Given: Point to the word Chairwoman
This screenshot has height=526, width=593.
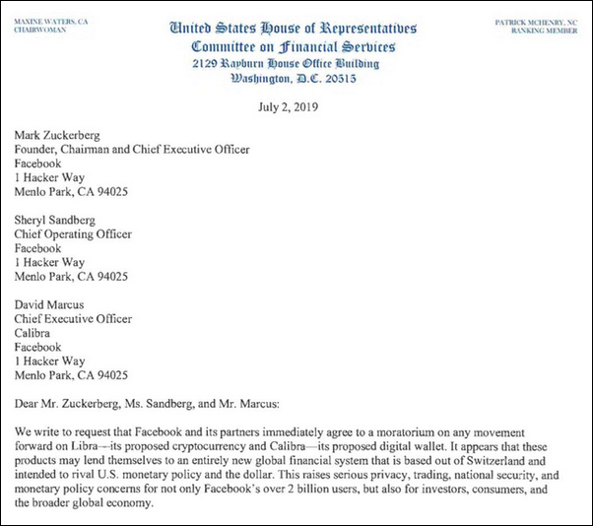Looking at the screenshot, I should [x=38, y=31].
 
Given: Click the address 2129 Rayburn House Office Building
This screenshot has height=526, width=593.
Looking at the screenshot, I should [x=296, y=64].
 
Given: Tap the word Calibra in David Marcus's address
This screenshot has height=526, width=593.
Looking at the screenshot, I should [x=36, y=334].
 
